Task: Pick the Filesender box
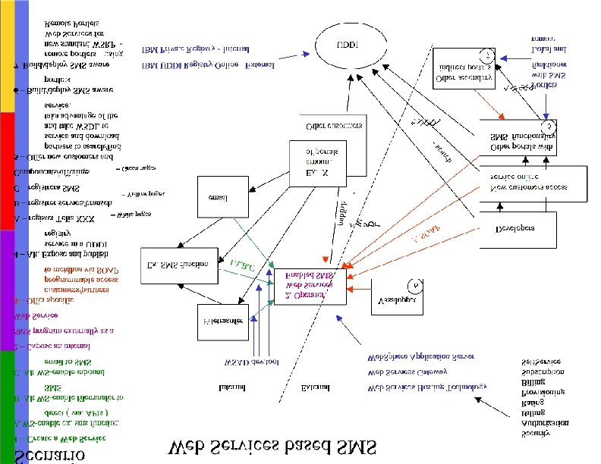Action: tap(223, 322)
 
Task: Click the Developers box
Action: tap(515, 228)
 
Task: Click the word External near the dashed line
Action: tap(314, 388)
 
